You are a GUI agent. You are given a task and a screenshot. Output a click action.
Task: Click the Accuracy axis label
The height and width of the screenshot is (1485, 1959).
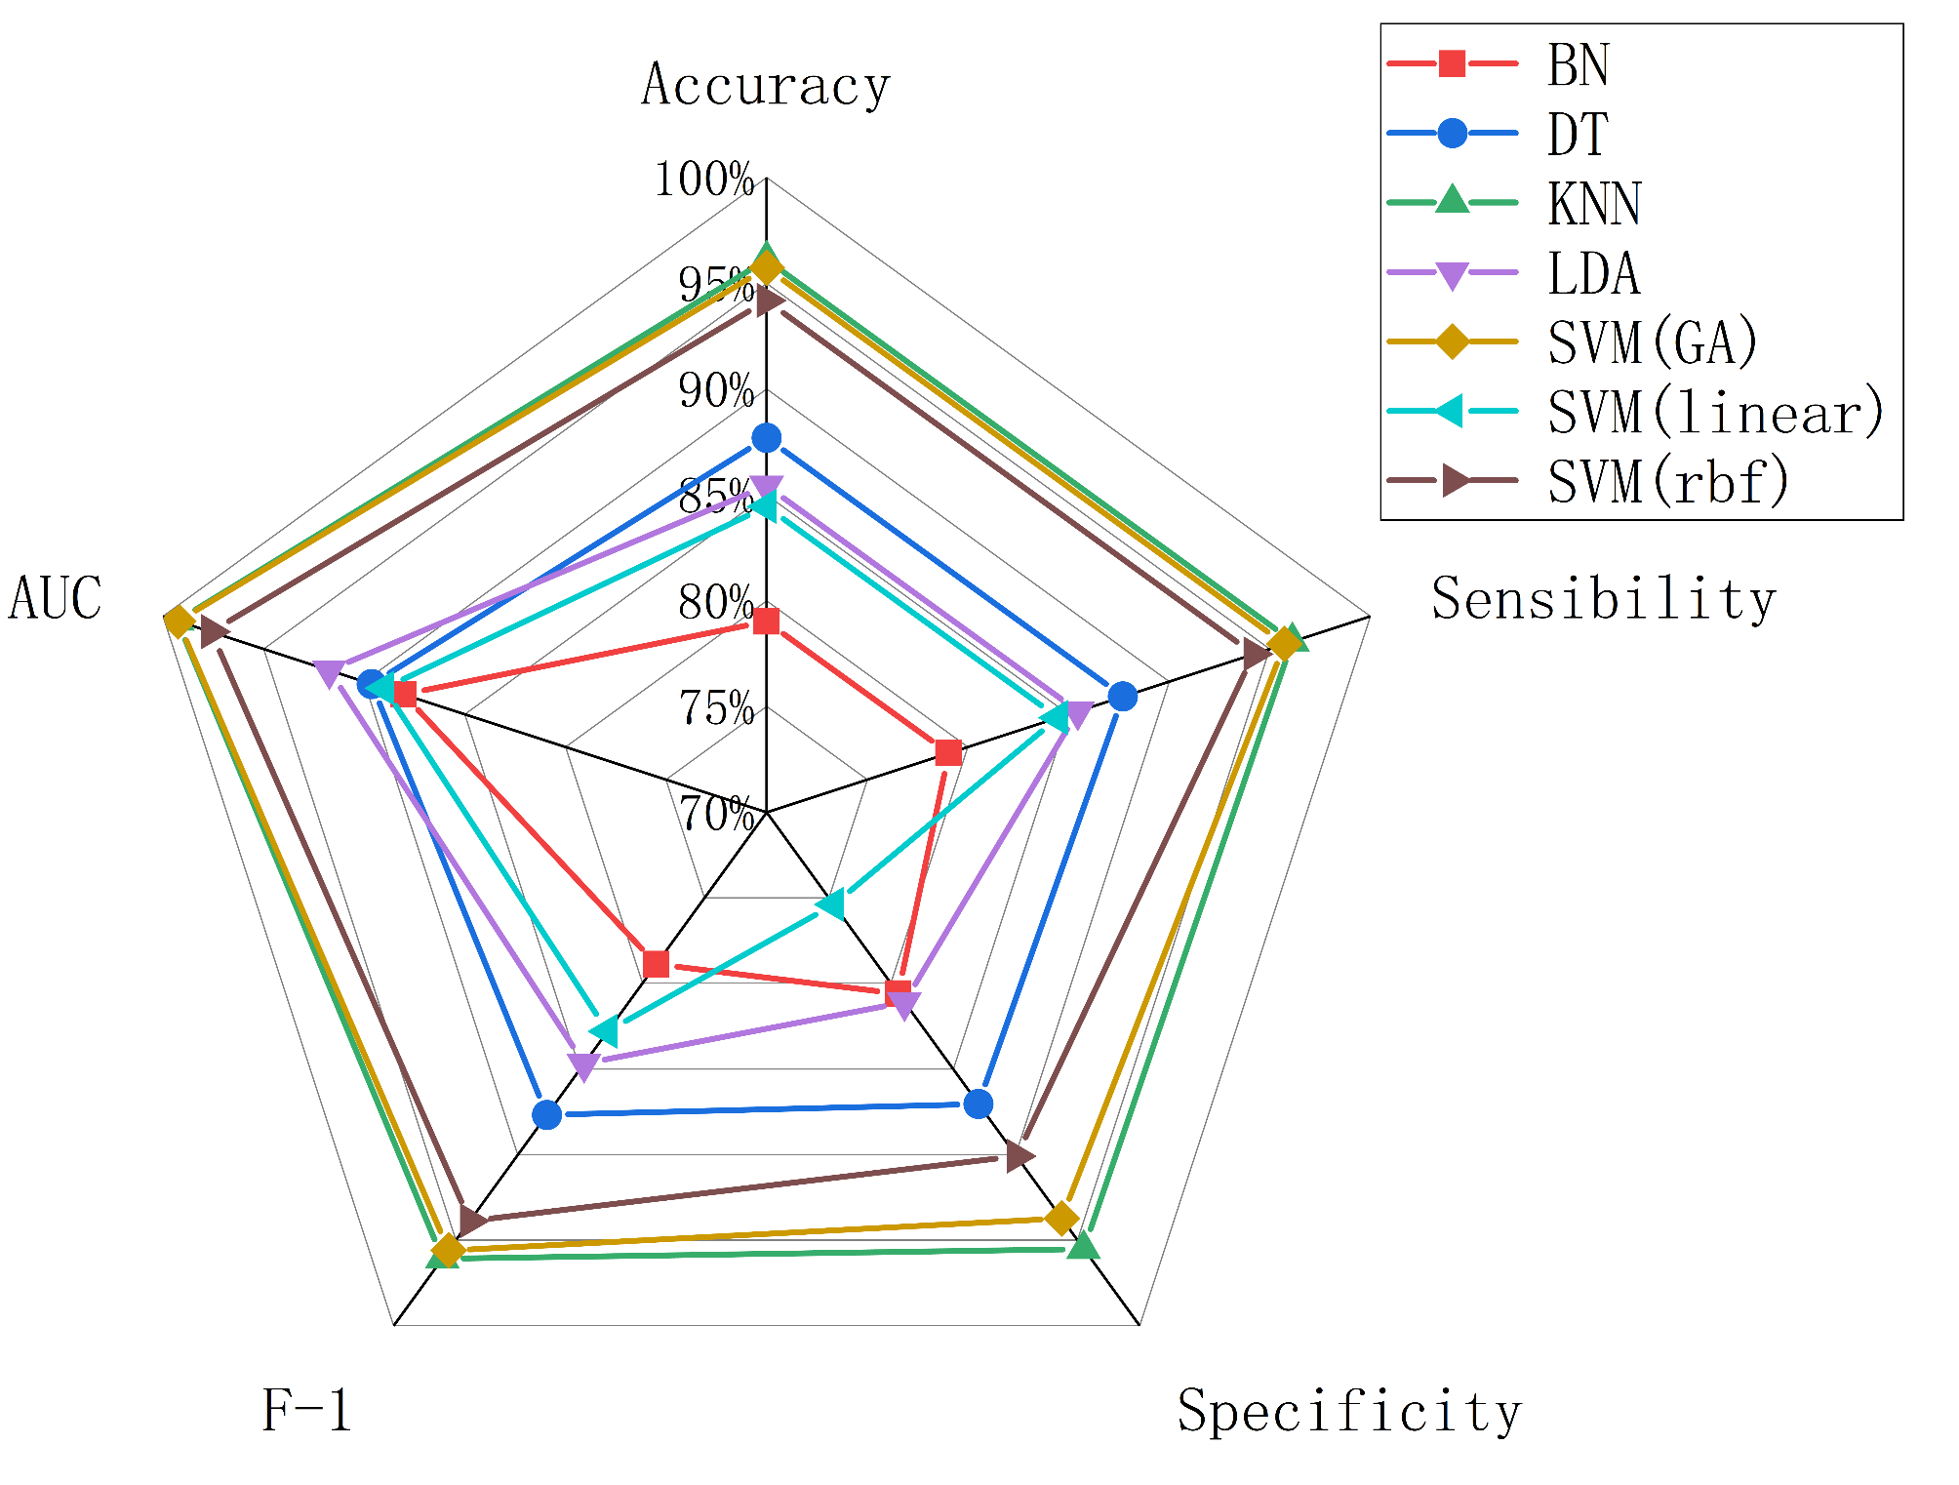pos(766,86)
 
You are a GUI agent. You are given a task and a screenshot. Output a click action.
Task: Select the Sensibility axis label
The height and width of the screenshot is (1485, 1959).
pos(1603,599)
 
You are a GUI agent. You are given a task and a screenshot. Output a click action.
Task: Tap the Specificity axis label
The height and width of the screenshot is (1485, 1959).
pos(1349,1412)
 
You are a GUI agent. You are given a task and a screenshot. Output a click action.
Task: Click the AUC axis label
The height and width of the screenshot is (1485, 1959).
pos(56,599)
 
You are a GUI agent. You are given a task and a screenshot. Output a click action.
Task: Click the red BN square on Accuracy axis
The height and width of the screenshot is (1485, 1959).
pos(767,621)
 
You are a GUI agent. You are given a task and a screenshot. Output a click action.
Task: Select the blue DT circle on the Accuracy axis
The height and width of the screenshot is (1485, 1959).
pos(767,438)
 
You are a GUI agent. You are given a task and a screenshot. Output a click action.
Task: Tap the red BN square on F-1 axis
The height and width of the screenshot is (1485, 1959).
pos(657,964)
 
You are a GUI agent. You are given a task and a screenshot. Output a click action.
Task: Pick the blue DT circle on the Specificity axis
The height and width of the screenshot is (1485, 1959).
pos(978,1104)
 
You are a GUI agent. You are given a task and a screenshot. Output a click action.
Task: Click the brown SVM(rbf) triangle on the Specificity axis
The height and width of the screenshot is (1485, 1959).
pos(1019,1156)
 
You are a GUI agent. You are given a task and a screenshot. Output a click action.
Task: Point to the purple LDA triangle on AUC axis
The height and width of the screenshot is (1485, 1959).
pos(330,672)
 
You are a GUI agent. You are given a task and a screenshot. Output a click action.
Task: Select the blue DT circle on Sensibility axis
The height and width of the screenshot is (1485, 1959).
pos(1123,697)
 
